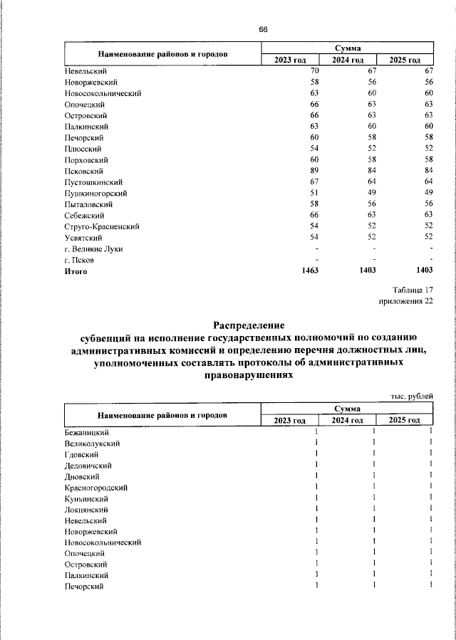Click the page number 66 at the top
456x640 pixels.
click(x=263, y=29)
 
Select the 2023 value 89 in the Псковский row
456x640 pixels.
click(x=313, y=171)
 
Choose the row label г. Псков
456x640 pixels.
click(x=80, y=260)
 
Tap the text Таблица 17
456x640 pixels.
click(x=413, y=290)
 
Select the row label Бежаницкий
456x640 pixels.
click(x=86, y=432)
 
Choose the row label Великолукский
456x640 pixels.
click(x=92, y=444)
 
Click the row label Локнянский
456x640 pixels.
click(x=86, y=510)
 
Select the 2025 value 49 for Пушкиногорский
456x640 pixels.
click(x=428, y=193)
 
